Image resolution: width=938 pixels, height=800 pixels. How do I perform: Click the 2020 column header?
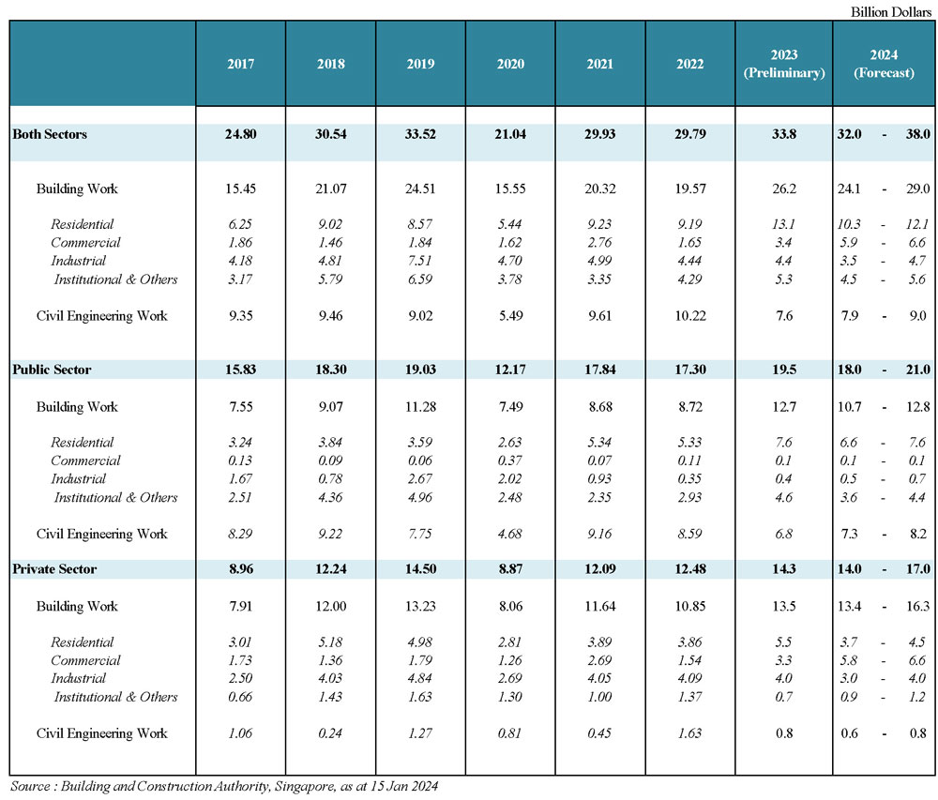(510, 64)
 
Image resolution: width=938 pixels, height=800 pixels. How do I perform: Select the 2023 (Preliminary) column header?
(783, 64)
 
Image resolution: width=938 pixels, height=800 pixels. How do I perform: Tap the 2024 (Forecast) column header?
(884, 64)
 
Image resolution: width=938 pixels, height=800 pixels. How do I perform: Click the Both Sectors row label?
(50, 134)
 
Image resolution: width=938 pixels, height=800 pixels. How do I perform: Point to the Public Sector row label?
(52, 370)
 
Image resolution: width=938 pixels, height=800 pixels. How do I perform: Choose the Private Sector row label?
(54, 569)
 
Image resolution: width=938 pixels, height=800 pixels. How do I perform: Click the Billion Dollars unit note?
(891, 12)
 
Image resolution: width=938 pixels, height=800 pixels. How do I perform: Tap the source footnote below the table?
(224, 786)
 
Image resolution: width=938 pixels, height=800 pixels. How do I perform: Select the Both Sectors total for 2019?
(420, 134)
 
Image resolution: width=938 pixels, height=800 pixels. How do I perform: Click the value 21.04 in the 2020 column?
(510, 134)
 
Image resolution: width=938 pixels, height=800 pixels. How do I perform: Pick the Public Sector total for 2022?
(690, 370)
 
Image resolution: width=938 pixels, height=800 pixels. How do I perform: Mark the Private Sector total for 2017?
(241, 569)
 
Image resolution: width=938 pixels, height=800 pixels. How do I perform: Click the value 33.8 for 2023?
(783, 134)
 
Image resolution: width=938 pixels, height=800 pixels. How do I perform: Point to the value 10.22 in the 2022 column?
(690, 316)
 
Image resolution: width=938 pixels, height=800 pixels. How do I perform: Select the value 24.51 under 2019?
(420, 189)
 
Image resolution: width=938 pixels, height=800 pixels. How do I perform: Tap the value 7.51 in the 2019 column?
(420, 261)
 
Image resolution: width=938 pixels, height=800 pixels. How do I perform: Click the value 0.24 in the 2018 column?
(330, 733)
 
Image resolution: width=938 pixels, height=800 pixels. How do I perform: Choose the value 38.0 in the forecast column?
(917, 134)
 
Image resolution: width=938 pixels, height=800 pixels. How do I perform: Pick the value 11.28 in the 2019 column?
(420, 407)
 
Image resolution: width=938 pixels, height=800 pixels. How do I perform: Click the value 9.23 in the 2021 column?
(599, 224)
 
